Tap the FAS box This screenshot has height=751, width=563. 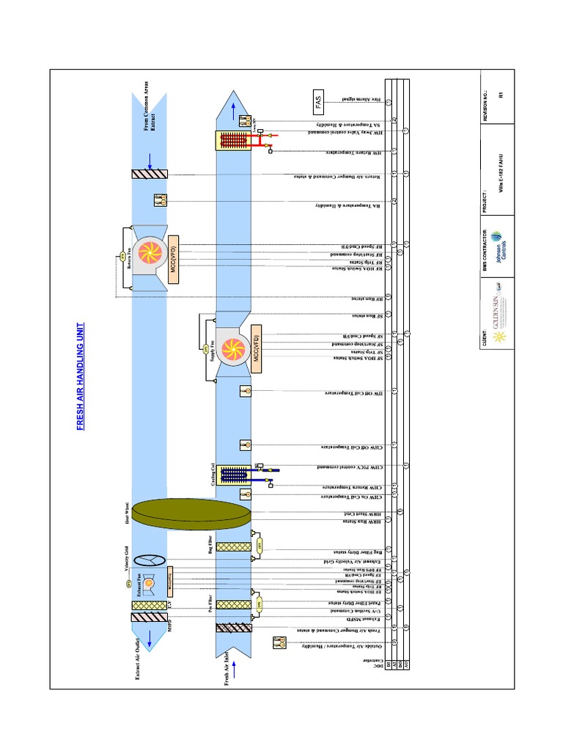(x=318, y=103)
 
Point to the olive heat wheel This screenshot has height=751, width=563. (x=190, y=511)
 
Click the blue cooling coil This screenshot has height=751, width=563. (x=234, y=474)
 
